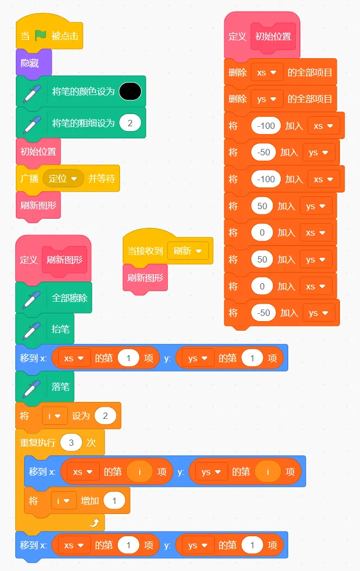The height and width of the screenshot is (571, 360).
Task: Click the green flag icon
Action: [x=41, y=35]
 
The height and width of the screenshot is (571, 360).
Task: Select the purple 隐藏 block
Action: [x=30, y=63]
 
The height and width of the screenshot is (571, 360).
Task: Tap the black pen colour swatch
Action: [x=130, y=91]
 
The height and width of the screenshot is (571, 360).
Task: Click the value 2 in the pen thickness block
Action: [x=130, y=123]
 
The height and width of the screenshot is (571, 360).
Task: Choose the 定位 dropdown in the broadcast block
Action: [x=63, y=179]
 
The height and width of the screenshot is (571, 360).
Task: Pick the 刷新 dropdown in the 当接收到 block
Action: [x=187, y=251]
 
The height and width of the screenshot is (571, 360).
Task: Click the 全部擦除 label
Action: [x=69, y=297]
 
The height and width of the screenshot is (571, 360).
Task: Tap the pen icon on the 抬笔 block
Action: [x=31, y=329]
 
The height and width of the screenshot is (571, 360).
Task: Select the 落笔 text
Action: [x=60, y=387]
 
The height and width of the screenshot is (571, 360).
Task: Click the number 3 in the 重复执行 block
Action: [x=70, y=442]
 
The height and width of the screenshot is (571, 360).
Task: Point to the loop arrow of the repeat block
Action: [x=94, y=522]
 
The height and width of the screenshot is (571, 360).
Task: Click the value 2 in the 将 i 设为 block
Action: [x=105, y=416]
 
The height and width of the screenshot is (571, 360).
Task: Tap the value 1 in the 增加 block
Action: [x=114, y=500]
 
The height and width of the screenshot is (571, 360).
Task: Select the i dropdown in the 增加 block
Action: [x=63, y=500]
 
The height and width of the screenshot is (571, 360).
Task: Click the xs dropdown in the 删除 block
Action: [x=267, y=72]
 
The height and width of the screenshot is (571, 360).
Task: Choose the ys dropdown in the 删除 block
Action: [x=267, y=99]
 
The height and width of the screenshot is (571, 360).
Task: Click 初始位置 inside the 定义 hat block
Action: [x=273, y=36]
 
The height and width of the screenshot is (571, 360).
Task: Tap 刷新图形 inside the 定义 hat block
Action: [x=64, y=260]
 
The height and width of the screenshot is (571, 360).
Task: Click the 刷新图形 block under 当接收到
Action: [x=145, y=278]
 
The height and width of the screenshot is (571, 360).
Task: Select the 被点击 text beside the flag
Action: [x=65, y=36]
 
